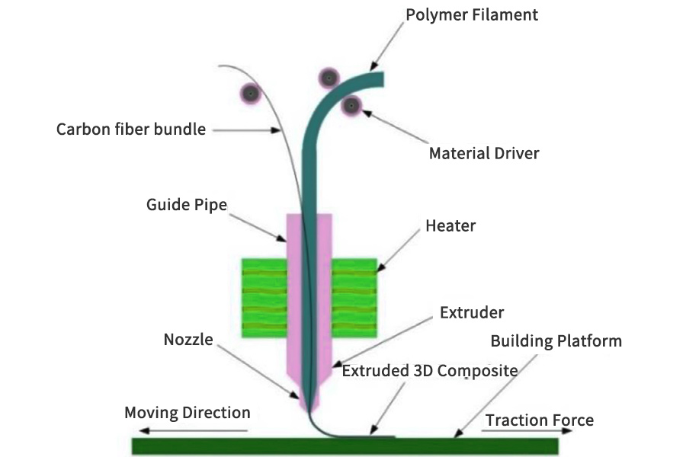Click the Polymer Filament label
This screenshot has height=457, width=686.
click(x=472, y=14)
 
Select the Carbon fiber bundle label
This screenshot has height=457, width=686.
click(x=131, y=129)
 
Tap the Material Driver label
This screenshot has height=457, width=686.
click(x=484, y=153)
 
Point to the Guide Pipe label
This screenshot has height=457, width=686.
click(x=187, y=205)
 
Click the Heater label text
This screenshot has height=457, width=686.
click(x=451, y=225)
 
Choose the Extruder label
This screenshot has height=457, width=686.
click(x=472, y=312)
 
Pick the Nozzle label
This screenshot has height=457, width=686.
click(x=188, y=340)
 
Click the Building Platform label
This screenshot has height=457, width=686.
click(x=556, y=340)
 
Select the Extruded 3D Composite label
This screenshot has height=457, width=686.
click(x=430, y=371)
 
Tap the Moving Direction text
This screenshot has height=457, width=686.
click(x=188, y=413)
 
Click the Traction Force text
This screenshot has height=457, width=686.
click(x=539, y=420)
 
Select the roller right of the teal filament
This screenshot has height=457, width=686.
click(x=351, y=106)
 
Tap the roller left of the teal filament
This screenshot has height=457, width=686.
click(x=329, y=77)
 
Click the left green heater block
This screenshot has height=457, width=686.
click(x=264, y=298)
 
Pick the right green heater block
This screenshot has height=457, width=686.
click(x=354, y=298)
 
